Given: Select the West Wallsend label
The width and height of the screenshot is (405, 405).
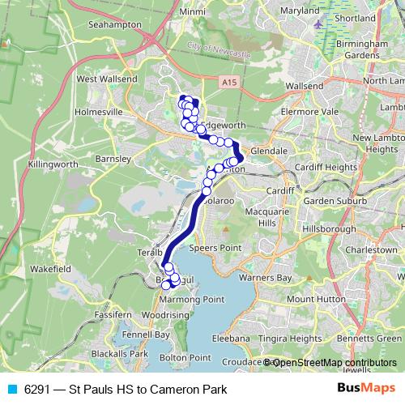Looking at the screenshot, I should [x=104, y=79].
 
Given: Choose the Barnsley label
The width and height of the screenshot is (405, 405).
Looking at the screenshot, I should [x=113, y=159].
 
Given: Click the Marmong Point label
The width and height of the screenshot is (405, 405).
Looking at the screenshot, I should [x=191, y=300].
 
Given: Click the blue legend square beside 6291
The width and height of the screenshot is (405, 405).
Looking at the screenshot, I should [x=11, y=390].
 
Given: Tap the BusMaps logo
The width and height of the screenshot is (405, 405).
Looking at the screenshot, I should [x=365, y=389].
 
